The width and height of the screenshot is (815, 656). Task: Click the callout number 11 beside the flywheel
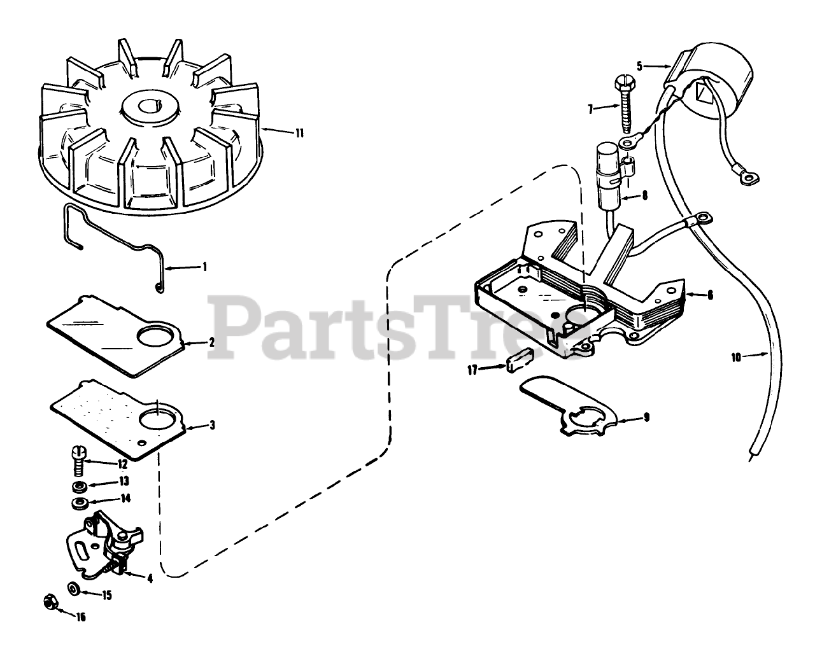pyautogui.click(x=298, y=133)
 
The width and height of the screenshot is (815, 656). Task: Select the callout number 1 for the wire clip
pyautogui.click(x=204, y=267)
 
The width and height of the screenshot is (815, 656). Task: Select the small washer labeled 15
pyautogui.click(x=74, y=589)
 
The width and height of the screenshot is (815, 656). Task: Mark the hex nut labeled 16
pyautogui.click(x=48, y=601)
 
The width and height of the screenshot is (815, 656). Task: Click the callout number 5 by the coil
pyautogui.click(x=639, y=65)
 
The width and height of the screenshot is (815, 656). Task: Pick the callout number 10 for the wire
pyautogui.click(x=736, y=358)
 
